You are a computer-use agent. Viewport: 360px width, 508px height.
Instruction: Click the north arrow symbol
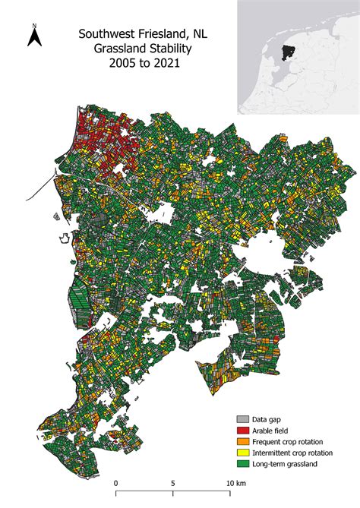click(x=34, y=39)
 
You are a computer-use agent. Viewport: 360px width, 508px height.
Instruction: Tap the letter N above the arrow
click(x=34, y=27)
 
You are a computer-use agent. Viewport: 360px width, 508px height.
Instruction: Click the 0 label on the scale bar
click(x=115, y=483)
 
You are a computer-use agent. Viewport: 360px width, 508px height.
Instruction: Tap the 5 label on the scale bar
click(x=172, y=483)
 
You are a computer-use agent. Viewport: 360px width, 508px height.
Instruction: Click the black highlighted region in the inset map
click(x=286, y=52)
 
